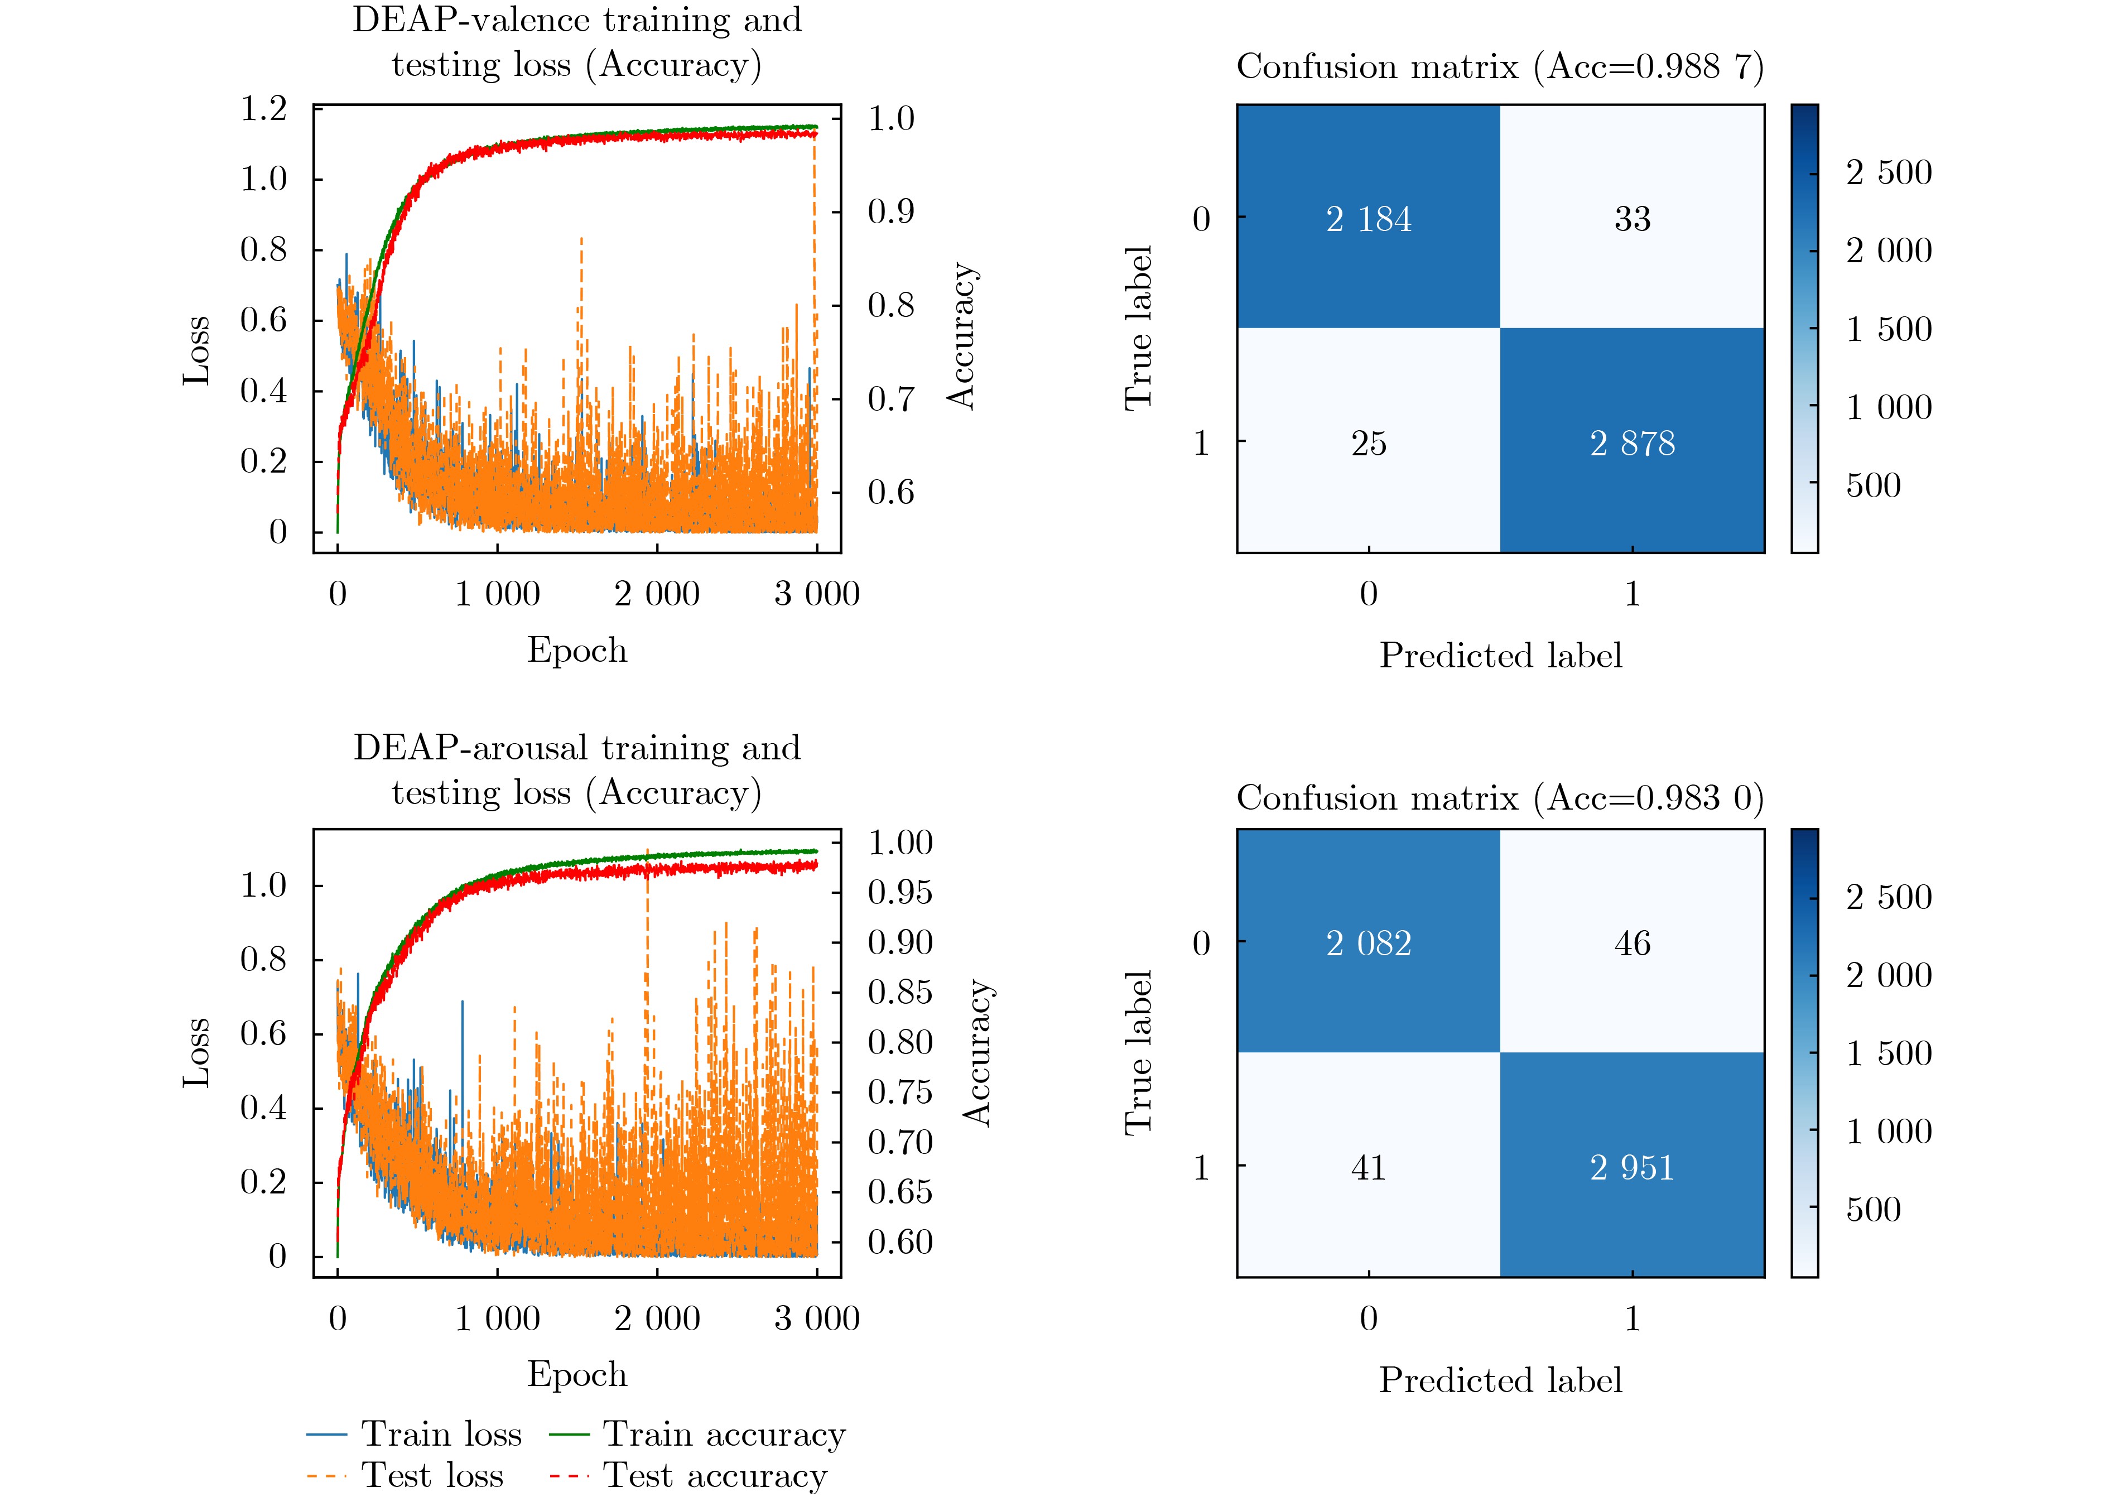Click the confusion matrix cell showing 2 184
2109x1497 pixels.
(1368, 219)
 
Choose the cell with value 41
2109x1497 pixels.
(1368, 1168)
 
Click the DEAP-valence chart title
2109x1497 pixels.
(577, 42)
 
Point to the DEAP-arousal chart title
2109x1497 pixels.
(577, 769)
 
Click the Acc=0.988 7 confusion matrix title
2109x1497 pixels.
(1500, 66)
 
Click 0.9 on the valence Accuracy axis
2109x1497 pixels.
(890, 212)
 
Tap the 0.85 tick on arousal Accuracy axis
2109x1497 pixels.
(899, 993)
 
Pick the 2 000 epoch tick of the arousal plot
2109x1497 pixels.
(657, 1318)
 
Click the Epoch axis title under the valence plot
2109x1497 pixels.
(577, 650)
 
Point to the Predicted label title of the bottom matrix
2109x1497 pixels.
(1500, 1380)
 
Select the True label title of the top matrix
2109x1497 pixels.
(1138, 328)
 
